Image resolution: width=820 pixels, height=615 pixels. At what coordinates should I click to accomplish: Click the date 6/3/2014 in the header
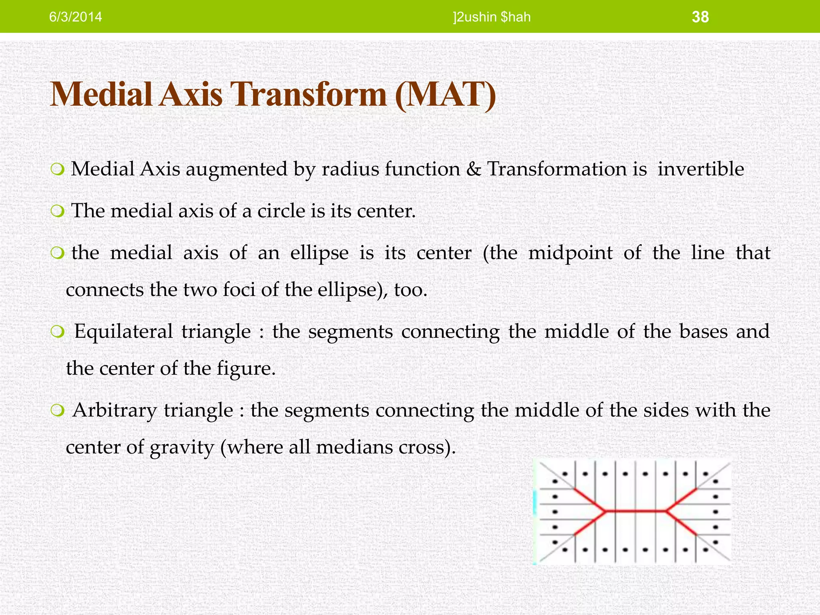[75, 17]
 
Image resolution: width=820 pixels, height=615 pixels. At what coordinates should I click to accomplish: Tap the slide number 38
[700, 17]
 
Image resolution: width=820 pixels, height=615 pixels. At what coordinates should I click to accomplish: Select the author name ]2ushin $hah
[492, 17]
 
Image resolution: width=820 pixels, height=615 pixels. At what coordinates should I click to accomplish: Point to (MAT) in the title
[445, 94]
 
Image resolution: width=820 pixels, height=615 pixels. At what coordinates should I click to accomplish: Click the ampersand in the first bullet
[474, 169]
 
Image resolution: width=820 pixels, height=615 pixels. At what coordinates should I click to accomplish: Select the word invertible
[700, 169]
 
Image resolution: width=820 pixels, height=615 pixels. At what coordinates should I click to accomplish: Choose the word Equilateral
[123, 332]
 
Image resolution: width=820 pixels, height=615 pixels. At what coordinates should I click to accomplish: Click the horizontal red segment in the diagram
[635, 511]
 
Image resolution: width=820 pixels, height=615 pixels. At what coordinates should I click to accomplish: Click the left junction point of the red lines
[605, 511]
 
